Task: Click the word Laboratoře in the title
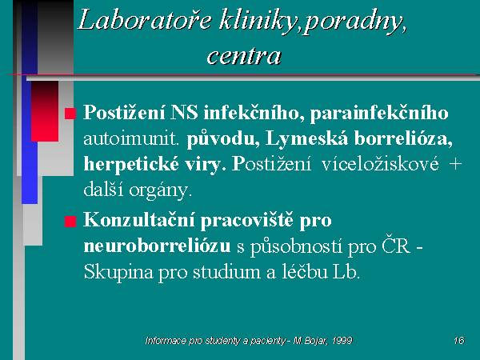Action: tap(145, 20)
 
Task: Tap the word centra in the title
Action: tap(244, 56)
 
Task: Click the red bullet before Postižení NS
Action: tap(70, 114)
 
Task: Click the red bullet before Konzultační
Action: tap(70, 222)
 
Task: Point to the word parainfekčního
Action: tap(379, 114)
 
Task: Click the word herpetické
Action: tap(131, 165)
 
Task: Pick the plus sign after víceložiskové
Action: tap(455, 164)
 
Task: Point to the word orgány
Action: tap(161, 191)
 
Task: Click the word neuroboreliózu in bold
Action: tap(157, 246)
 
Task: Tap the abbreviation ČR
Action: tap(396, 246)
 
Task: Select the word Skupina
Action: tap(118, 273)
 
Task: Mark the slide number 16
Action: tap(459, 341)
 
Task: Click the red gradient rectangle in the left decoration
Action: tap(45, 111)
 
